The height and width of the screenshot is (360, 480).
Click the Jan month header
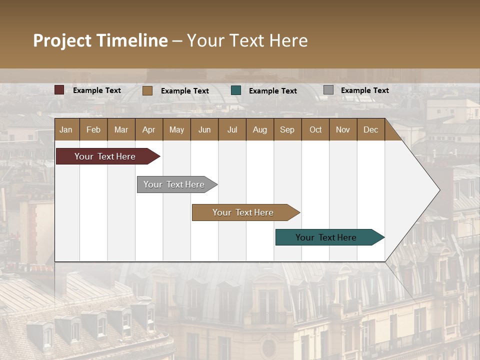click(66, 129)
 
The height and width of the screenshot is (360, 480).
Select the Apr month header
click(148, 129)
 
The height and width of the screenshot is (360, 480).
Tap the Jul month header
click(232, 129)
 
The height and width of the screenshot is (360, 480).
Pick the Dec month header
click(370, 129)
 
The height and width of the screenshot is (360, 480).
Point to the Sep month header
click(287, 129)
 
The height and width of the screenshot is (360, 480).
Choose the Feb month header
click(93, 129)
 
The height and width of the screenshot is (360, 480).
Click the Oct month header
click(315, 129)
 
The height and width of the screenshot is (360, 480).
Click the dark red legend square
click(59, 90)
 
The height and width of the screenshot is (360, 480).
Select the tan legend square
click(147, 90)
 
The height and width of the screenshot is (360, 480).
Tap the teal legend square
click(236, 90)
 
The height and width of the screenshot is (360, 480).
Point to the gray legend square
click(328, 90)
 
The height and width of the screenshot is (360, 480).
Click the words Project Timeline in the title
click(100, 40)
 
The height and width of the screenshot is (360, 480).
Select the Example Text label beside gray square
click(364, 90)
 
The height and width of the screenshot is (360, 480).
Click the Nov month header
click(343, 129)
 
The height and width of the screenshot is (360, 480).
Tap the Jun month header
click(204, 129)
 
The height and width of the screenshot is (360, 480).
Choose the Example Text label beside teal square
click(272, 91)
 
